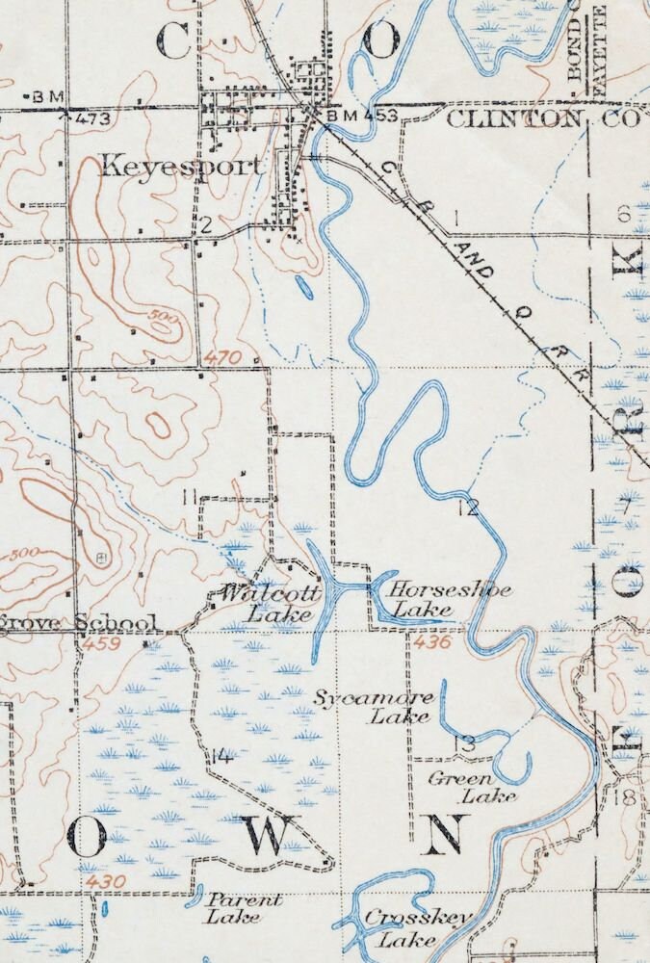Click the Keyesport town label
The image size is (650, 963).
point(181,166)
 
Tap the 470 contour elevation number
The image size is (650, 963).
point(221,358)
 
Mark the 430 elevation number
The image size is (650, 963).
point(105,881)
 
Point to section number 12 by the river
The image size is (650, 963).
point(468,508)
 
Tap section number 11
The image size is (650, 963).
point(191,497)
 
